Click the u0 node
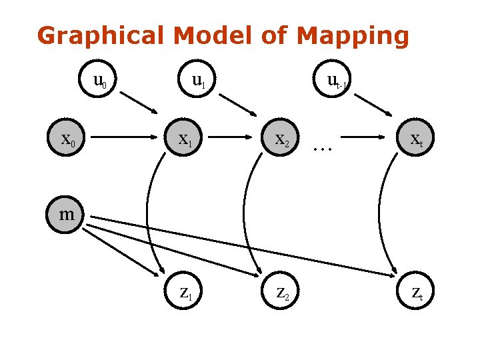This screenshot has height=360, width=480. tap(97, 79)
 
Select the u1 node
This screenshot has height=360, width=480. tap(197, 79)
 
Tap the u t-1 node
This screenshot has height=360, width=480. tap(332, 79)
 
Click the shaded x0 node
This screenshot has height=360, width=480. tap(66, 137)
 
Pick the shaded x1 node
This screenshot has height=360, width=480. tap(183, 137)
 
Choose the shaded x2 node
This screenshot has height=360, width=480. tap(280, 137)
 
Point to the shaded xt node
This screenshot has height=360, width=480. tap(415, 137)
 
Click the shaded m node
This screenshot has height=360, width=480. tap(65, 215)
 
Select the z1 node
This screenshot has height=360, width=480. tap(183, 290)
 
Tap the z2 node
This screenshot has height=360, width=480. tap(280, 290)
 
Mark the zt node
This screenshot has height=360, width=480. tap(415, 290)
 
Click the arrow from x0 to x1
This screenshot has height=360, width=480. tap(124, 137)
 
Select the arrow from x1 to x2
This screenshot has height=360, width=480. tap(230, 137)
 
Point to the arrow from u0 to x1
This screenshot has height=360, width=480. tap(139, 103)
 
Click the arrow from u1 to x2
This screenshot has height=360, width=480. tap(238, 105)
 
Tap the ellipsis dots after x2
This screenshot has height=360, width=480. tap(323, 149)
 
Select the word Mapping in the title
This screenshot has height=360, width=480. tap(353, 36)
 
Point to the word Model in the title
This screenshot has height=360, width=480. tap(214, 35)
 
